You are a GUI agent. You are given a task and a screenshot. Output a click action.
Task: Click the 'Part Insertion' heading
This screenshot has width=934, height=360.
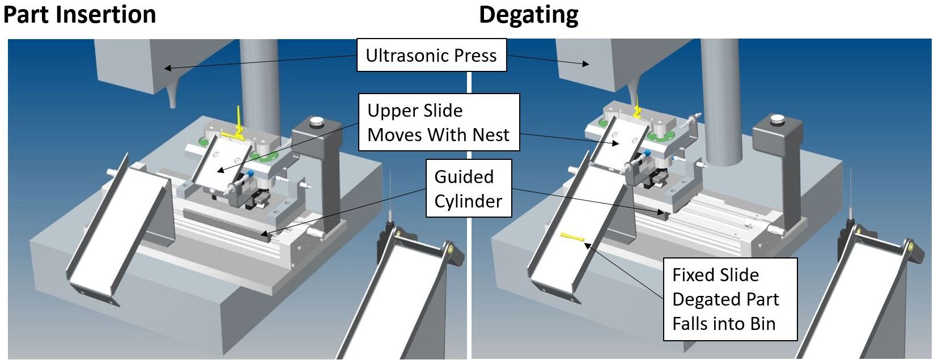pos(79,15)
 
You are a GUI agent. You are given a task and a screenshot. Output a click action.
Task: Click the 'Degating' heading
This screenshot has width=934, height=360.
pos(528,15)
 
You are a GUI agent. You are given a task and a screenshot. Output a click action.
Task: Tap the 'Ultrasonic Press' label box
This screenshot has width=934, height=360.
pos(431,55)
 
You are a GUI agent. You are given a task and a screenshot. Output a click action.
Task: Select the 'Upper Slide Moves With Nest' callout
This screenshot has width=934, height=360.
pos(439,122)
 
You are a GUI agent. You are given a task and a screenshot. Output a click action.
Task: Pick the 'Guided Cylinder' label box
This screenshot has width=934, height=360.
pos(469,189)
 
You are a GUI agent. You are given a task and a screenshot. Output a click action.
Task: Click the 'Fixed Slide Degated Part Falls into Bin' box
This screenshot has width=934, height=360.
pos(730,299)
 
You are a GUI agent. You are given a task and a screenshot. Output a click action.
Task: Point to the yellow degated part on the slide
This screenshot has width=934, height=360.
pos(572,237)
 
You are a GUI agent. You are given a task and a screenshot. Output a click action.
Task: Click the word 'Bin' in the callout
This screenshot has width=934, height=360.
pos(763,324)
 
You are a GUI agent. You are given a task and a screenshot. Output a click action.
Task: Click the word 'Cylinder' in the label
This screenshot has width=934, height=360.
pos(468,201)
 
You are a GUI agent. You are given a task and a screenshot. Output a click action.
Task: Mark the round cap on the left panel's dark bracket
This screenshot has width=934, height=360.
pos(315,121)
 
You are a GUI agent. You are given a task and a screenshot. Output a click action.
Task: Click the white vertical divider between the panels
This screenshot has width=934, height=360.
pos(469,227)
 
